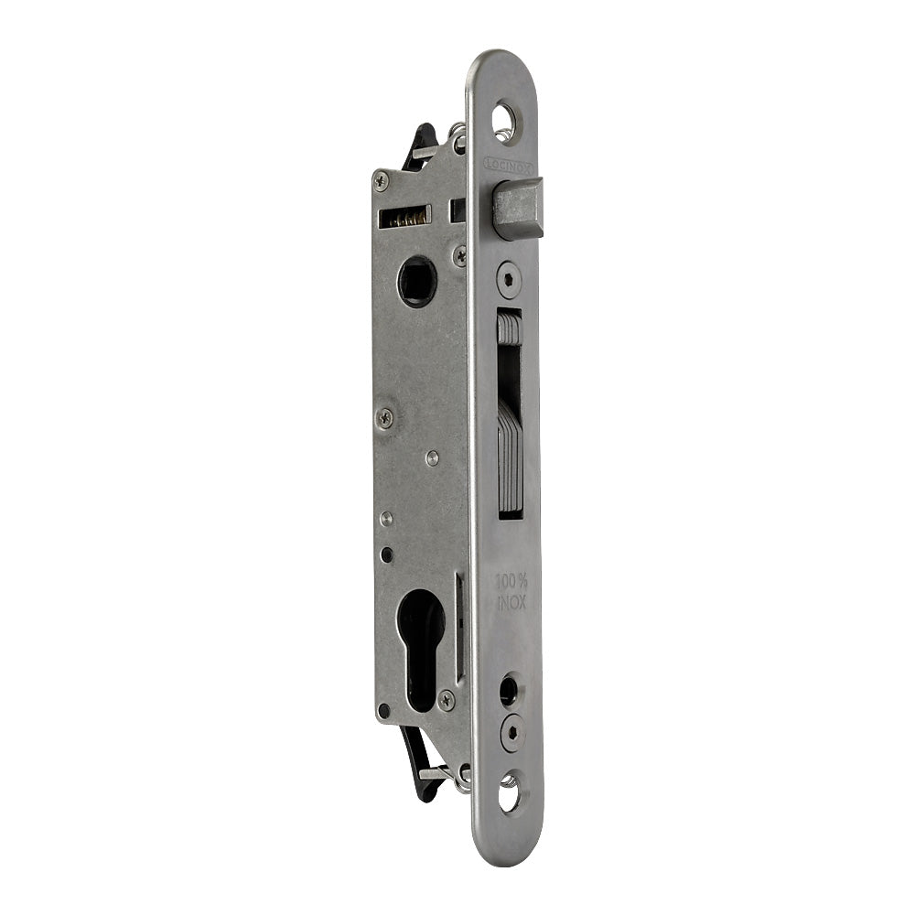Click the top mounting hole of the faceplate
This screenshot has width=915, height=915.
[504, 119]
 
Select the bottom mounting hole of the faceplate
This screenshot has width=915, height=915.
[509, 791]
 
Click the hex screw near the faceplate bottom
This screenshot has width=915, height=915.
[511, 731]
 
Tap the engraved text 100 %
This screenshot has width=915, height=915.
[511, 581]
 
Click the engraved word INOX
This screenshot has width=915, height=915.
[511, 602]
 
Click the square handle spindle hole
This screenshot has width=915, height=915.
[417, 281]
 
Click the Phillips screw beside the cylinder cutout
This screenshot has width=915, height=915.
[446, 700]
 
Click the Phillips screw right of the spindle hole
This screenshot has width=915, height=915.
[459, 256]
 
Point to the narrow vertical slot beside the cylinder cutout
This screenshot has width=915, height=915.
[459, 627]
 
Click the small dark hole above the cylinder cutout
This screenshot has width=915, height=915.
[388, 554]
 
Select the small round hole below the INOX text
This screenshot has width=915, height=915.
[508, 689]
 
